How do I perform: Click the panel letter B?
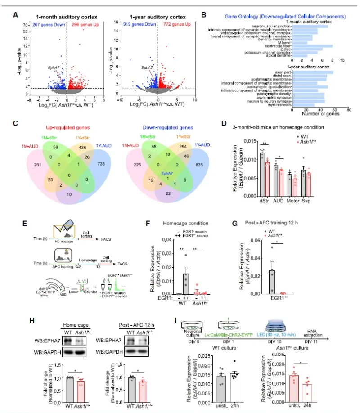(x=203, y=15)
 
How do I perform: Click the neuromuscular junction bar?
(x=310, y=26)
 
